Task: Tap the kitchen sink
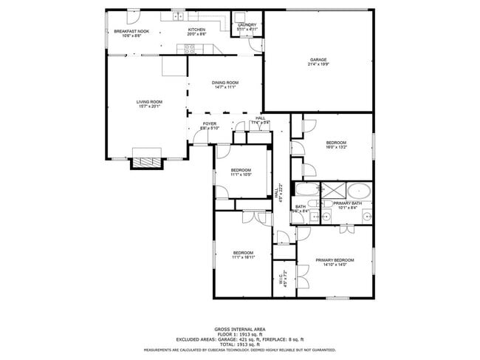coord(178,16)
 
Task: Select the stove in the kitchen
coord(188,49)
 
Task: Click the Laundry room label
coord(247,24)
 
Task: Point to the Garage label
coord(318,60)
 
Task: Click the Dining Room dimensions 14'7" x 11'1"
coord(225,87)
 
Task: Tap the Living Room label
coord(148,101)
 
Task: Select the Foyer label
coord(210,123)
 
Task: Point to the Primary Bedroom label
coord(335,260)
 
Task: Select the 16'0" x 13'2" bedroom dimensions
coord(336,146)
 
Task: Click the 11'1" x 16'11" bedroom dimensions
coord(243,257)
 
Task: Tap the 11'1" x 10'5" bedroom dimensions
coord(240,175)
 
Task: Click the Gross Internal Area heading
coord(240,329)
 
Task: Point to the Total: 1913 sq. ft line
coord(240,344)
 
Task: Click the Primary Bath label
coord(347,203)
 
